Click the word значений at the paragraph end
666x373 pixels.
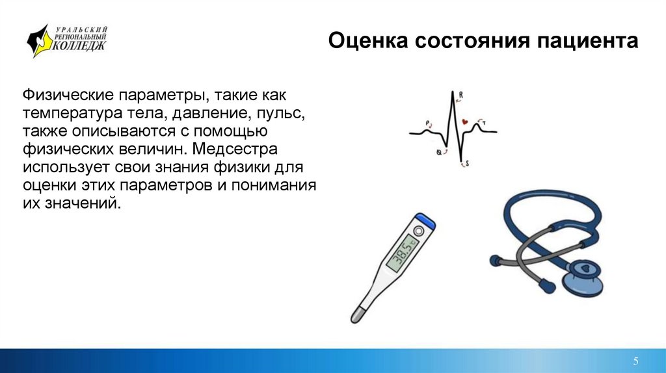[x=83, y=203]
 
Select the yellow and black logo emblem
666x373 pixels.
[x=38, y=41]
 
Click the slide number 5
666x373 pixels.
[x=635, y=361]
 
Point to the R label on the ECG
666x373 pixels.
[x=461, y=96]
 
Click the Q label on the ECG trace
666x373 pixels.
[x=439, y=153]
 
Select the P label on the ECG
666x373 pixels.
[x=428, y=122]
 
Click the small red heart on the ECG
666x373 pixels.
[x=465, y=122]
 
